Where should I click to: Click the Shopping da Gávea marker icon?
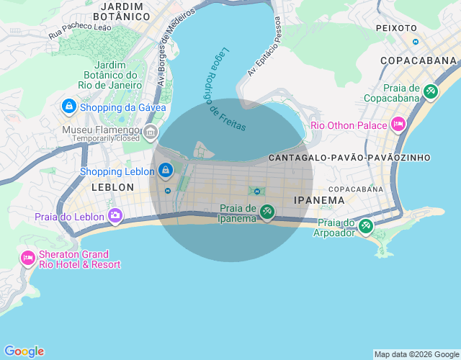(x=68, y=107)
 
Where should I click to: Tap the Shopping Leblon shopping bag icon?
(x=166, y=171)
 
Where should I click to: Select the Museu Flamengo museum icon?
(x=151, y=131)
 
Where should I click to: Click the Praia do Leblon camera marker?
(x=115, y=215)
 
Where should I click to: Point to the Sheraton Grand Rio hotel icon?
(x=28, y=258)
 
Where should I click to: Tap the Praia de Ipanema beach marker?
(x=267, y=212)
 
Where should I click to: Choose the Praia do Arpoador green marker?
(x=365, y=226)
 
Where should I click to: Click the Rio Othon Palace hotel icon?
(x=398, y=125)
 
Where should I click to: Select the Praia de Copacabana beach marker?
(x=431, y=91)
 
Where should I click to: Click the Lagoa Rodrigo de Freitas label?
(x=224, y=90)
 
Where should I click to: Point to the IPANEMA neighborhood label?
(x=320, y=199)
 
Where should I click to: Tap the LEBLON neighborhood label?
(x=112, y=186)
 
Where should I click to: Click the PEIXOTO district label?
(x=396, y=28)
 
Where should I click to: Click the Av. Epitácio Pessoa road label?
(x=264, y=47)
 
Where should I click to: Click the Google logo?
(x=24, y=351)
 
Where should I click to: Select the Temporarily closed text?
(x=106, y=138)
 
